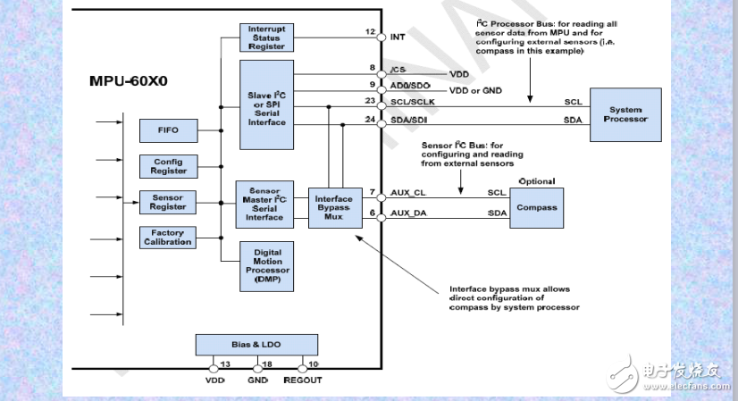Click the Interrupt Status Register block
click(x=266, y=38)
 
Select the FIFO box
click(x=167, y=130)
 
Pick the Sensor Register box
click(x=167, y=202)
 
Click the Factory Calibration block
click(x=167, y=238)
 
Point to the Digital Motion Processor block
click(x=266, y=266)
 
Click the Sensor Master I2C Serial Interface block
click(x=265, y=205)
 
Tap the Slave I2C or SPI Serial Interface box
click(x=266, y=105)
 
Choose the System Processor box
click(x=625, y=113)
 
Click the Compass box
click(x=537, y=207)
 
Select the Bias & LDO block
click(x=256, y=345)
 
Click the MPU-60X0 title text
click(x=130, y=80)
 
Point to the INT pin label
click(x=398, y=37)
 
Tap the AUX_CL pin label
click(x=408, y=193)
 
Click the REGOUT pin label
click(x=302, y=380)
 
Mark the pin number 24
click(x=370, y=120)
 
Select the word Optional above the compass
click(x=537, y=181)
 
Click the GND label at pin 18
click(x=257, y=380)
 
